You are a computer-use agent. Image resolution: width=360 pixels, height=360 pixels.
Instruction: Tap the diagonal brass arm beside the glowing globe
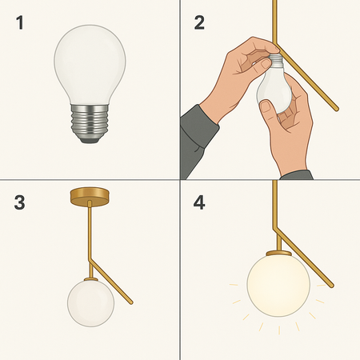[308, 260]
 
